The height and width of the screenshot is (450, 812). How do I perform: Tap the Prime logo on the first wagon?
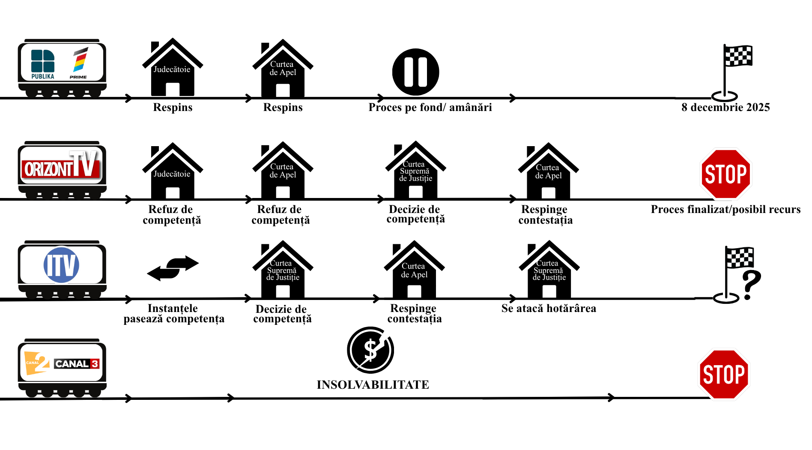point(79,63)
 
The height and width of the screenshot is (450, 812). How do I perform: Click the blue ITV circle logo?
point(61,265)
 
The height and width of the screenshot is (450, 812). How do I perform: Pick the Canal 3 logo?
point(77,364)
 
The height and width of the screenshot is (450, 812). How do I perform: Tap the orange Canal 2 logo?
point(37,363)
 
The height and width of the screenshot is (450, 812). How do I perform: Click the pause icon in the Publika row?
point(415,72)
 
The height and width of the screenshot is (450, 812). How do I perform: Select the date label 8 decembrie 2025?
point(725,107)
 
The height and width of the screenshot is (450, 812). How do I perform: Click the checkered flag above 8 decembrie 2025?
point(737,56)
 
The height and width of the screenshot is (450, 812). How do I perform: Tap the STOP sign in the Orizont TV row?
point(725,174)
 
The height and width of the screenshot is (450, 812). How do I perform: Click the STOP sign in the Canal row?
point(724,374)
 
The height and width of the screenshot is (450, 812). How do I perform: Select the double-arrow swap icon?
point(173,268)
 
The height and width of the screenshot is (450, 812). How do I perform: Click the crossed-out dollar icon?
point(370,350)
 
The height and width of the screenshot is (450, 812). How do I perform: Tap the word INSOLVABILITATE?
point(373,384)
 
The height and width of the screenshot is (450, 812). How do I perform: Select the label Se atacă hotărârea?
point(549,308)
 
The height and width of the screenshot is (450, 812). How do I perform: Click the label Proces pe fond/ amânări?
point(430,107)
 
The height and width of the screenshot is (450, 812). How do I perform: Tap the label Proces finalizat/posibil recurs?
point(725,209)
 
